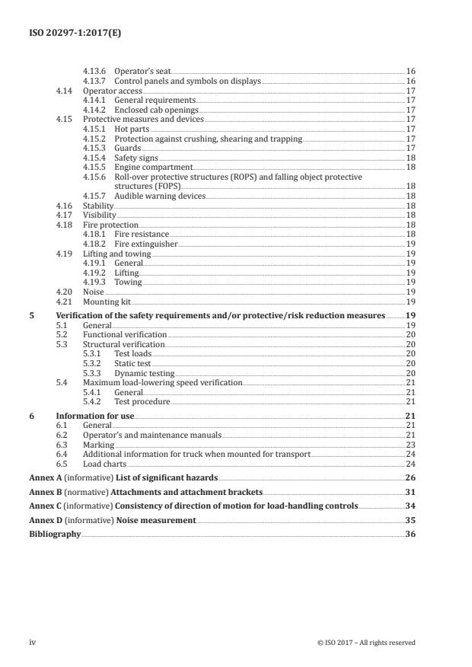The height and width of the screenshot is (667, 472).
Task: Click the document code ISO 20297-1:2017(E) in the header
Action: point(66,33)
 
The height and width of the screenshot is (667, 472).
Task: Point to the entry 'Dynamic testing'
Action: point(144,373)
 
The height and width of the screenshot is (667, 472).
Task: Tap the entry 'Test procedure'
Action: point(142,401)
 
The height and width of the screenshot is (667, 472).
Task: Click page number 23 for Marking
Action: point(410,445)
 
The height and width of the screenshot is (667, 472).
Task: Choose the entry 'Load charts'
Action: point(104,464)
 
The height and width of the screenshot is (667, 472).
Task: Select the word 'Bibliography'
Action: point(55,535)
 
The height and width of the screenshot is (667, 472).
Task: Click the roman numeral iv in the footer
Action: point(33,642)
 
